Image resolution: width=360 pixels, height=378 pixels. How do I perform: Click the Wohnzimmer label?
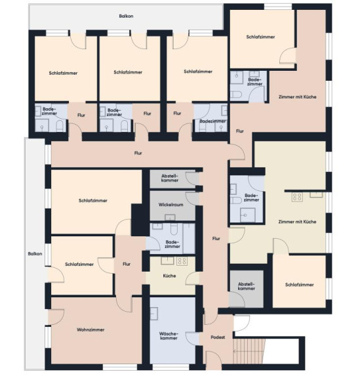[x=90, y=329]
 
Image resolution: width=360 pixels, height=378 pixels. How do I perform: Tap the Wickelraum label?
[x=170, y=205]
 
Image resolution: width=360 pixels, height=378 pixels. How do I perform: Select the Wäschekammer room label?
[x=169, y=336]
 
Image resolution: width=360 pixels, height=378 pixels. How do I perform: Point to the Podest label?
[x=218, y=337]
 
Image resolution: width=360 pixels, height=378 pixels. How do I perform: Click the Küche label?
[x=169, y=276]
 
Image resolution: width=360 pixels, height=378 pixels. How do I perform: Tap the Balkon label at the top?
[x=126, y=16]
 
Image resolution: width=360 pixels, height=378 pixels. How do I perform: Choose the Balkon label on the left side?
[x=35, y=254]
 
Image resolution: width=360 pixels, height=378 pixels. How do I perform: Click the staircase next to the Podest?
[x=249, y=351]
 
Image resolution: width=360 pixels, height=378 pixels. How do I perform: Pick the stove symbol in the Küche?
[x=182, y=261]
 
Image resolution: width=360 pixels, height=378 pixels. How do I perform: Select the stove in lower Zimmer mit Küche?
[x=297, y=197]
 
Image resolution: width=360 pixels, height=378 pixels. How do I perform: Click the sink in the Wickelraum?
[x=170, y=217]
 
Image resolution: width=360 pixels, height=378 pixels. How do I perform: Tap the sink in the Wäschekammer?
[x=154, y=314]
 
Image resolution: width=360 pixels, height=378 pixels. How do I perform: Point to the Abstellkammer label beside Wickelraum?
[x=170, y=178]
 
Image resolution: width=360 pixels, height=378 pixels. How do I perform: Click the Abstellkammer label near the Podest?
[x=247, y=286]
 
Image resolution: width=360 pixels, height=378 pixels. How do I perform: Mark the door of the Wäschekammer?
[x=193, y=339]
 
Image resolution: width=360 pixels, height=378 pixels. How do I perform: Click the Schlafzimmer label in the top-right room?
[x=260, y=37]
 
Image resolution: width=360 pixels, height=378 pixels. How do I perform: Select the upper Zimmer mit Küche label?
[x=297, y=97]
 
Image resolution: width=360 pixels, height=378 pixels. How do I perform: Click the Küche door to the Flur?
[x=193, y=278]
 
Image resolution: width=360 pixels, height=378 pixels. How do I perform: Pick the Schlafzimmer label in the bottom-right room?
[x=299, y=285]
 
